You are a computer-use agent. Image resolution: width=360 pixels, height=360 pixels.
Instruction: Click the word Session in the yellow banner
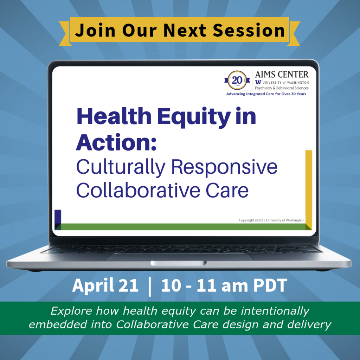pos(249,31)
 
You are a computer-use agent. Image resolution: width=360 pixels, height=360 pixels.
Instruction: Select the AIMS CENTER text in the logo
pos(282,74)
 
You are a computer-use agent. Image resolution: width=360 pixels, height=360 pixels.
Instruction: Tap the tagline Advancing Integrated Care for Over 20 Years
pos(266,94)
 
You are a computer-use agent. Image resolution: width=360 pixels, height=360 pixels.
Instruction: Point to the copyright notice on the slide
pos(271,220)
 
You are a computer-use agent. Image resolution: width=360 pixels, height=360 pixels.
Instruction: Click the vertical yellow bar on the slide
pos(308,186)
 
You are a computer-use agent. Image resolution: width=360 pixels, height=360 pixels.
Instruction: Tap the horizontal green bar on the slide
pos(183,227)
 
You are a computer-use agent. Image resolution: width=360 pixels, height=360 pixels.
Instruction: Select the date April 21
pos(105,286)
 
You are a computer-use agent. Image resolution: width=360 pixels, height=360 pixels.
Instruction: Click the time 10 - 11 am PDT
pos(224,286)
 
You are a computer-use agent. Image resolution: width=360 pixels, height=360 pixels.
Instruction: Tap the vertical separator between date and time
pos(150,286)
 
